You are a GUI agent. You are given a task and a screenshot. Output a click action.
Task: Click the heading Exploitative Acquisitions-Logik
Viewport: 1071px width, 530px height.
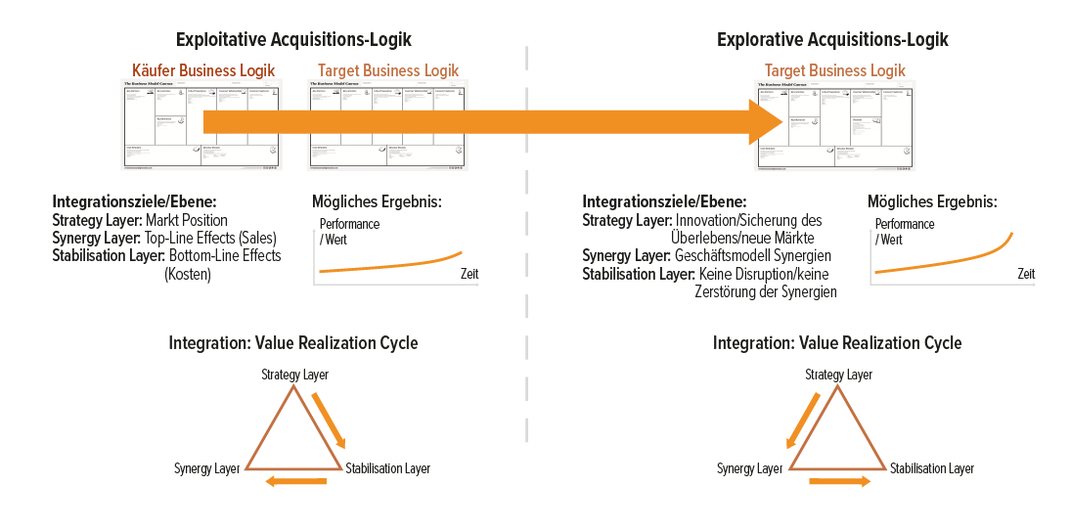click(x=293, y=40)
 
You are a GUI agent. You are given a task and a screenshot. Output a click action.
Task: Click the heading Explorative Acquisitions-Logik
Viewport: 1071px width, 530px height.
click(x=832, y=40)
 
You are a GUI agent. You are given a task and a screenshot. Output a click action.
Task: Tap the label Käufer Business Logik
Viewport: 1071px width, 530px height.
click(x=203, y=70)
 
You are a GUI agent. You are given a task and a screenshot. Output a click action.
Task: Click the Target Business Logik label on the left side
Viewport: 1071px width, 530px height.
click(x=388, y=70)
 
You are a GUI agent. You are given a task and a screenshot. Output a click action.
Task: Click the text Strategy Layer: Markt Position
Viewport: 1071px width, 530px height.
click(x=140, y=220)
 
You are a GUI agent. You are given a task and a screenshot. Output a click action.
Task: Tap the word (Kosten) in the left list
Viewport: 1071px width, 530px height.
click(x=188, y=275)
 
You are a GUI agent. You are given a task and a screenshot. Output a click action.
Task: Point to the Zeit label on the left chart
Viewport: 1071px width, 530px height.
click(x=469, y=275)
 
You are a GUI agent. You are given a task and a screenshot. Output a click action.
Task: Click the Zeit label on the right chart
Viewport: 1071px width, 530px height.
click(x=1025, y=275)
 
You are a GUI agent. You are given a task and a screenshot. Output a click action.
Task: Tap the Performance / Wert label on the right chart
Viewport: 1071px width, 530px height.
click(x=904, y=232)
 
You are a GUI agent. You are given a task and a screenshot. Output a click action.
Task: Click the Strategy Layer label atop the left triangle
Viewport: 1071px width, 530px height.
click(x=294, y=375)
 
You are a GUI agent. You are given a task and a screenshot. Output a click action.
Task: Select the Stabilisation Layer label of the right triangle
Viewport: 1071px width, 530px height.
click(x=931, y=468)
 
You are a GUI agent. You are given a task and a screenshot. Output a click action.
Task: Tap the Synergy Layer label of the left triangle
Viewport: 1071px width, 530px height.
click(x=206, y=468)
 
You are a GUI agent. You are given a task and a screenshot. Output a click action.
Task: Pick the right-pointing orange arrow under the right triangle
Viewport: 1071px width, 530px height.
click(x=840, y=482)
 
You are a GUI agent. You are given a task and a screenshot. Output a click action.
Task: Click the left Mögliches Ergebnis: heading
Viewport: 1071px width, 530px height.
click(x=377, y=202)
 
